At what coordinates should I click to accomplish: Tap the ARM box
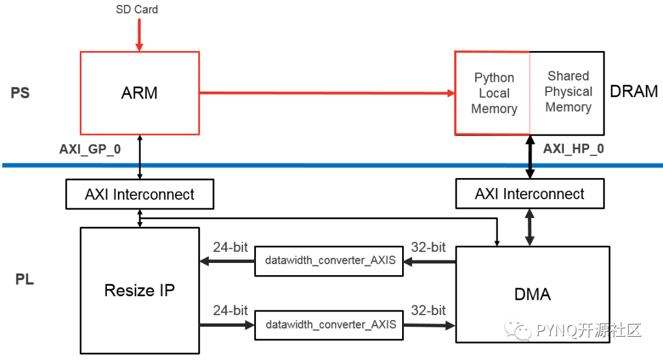click(x=139, y=93)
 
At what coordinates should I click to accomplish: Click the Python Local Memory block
click(x=494, y=93)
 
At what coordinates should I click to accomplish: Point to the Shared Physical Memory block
click(x=568, y=92)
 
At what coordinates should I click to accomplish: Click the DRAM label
click(x=634, y=92)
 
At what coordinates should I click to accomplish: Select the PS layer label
click(x=20, y=93)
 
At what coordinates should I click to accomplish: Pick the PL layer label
click(x=25, y=280)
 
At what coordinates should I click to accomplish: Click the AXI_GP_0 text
click(x=91, y=149)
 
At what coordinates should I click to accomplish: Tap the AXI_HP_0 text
click(x=573, y=149)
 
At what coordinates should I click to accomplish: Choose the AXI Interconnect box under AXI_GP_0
click(x=139, y=195)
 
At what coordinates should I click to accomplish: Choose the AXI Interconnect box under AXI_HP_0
click(x=529, y=194)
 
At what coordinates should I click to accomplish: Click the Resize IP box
click(x=139, y=290)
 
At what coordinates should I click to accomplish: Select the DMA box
click(x=532, y=294)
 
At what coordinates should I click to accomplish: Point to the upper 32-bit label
click(x=428, y=248)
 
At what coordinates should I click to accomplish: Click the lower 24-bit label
click(x=230, y=310)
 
